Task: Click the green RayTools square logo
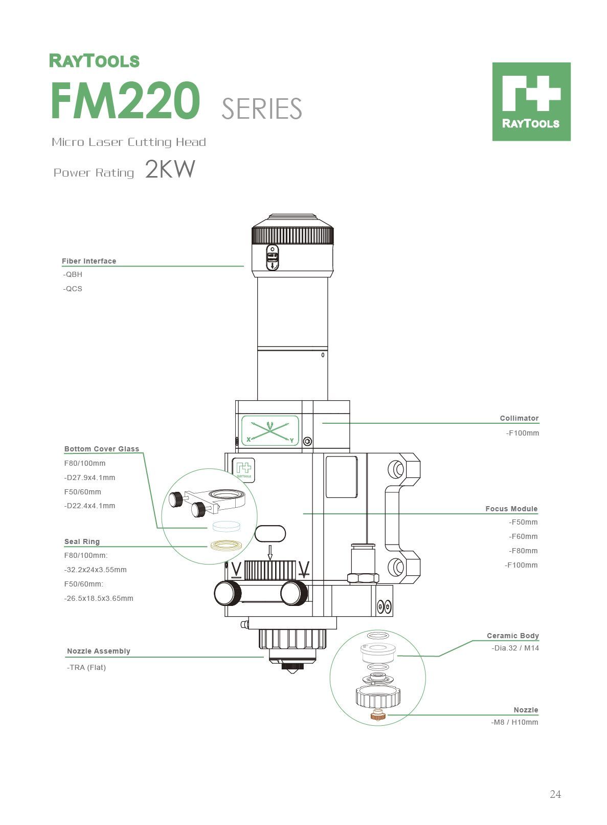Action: pyautogui.click(x=531, y=101)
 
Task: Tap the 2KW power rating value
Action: pyautogui.click(x=170, y=169)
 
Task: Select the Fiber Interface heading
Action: pyautogui.click(x=89, y=261)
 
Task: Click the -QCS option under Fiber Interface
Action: pyautogui.click(x=73, y=289)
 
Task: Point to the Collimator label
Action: pyautogui.click(x=519, y=418)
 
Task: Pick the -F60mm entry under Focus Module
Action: pyautogui.click(x=523, y=536)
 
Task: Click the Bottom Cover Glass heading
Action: pyautogui.click(x=102, y=449)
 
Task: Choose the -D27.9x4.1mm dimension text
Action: pyautogui.click(x=89, y=477)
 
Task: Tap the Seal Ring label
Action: pyautogui.click(x=82, y=541)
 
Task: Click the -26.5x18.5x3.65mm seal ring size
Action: pyautogui.click(x=99, y=598)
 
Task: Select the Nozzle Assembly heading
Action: pyautogui.click(x=99, y=651)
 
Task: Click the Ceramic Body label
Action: pyautogui.click(x=512, y=636)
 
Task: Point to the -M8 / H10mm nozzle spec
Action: pyautogui.click(x=514, y=722)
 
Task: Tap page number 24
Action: pyautogui.click(x=555, y=794)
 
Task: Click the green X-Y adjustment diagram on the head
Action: pyautogui.click(x=270, y=431)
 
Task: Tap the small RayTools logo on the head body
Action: pyautogui.click(x=243, y=469)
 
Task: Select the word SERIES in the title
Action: pyautogui.click(x=262, y=108)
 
